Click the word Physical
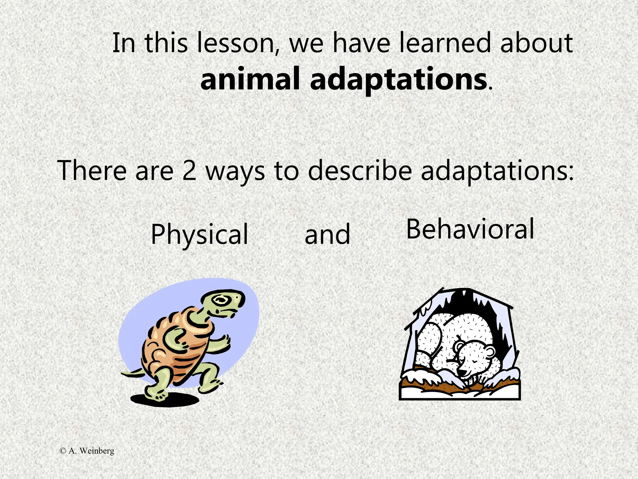tap(199, 235)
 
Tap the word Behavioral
tap(470, 230)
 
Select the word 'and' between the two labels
tap(327, 235)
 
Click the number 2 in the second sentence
tap(189, 171)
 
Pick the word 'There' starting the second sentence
tap(92, 171)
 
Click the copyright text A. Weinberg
tap(87, 451)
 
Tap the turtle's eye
tap(221, 300)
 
